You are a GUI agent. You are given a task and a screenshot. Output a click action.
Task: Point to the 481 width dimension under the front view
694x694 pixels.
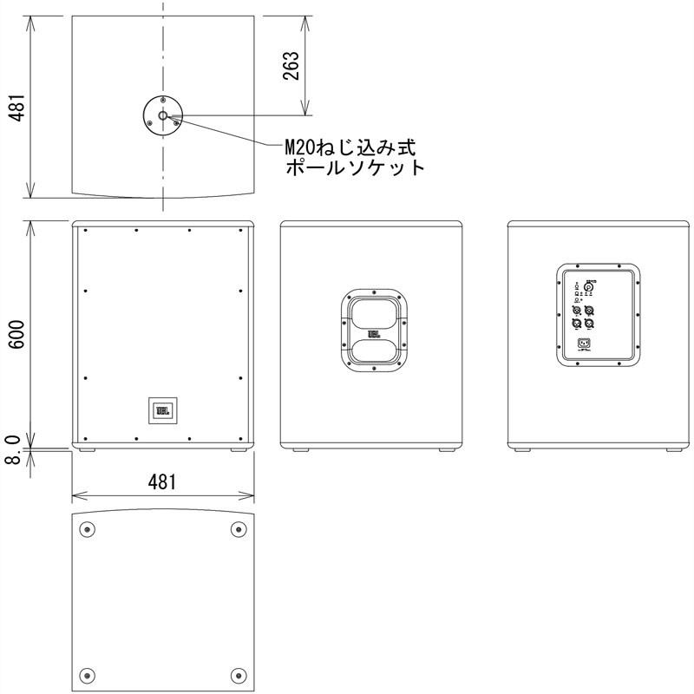pos(161,482)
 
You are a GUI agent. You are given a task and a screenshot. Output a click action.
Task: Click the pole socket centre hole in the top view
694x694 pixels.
pos(162,113)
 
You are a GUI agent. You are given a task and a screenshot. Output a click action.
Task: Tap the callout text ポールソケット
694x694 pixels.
pos(356,167)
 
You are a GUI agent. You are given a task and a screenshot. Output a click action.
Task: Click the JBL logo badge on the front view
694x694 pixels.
pos(162,409)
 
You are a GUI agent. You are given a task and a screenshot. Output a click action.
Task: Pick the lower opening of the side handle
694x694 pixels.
pos(375,352)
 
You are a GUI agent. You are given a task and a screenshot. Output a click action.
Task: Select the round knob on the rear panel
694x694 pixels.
pos(589,288)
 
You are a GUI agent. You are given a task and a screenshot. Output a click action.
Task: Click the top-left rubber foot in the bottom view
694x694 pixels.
pos(86,529)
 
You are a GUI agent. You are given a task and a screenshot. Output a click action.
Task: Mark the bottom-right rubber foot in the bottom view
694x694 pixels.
pos(238,675)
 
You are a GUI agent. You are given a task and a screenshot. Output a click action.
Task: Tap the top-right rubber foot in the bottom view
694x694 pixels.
pos(238,529)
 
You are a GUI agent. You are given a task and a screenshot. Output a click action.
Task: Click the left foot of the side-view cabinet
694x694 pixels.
pos(301,450)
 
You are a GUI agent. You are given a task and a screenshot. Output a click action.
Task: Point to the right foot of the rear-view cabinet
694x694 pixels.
pos(671,450)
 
